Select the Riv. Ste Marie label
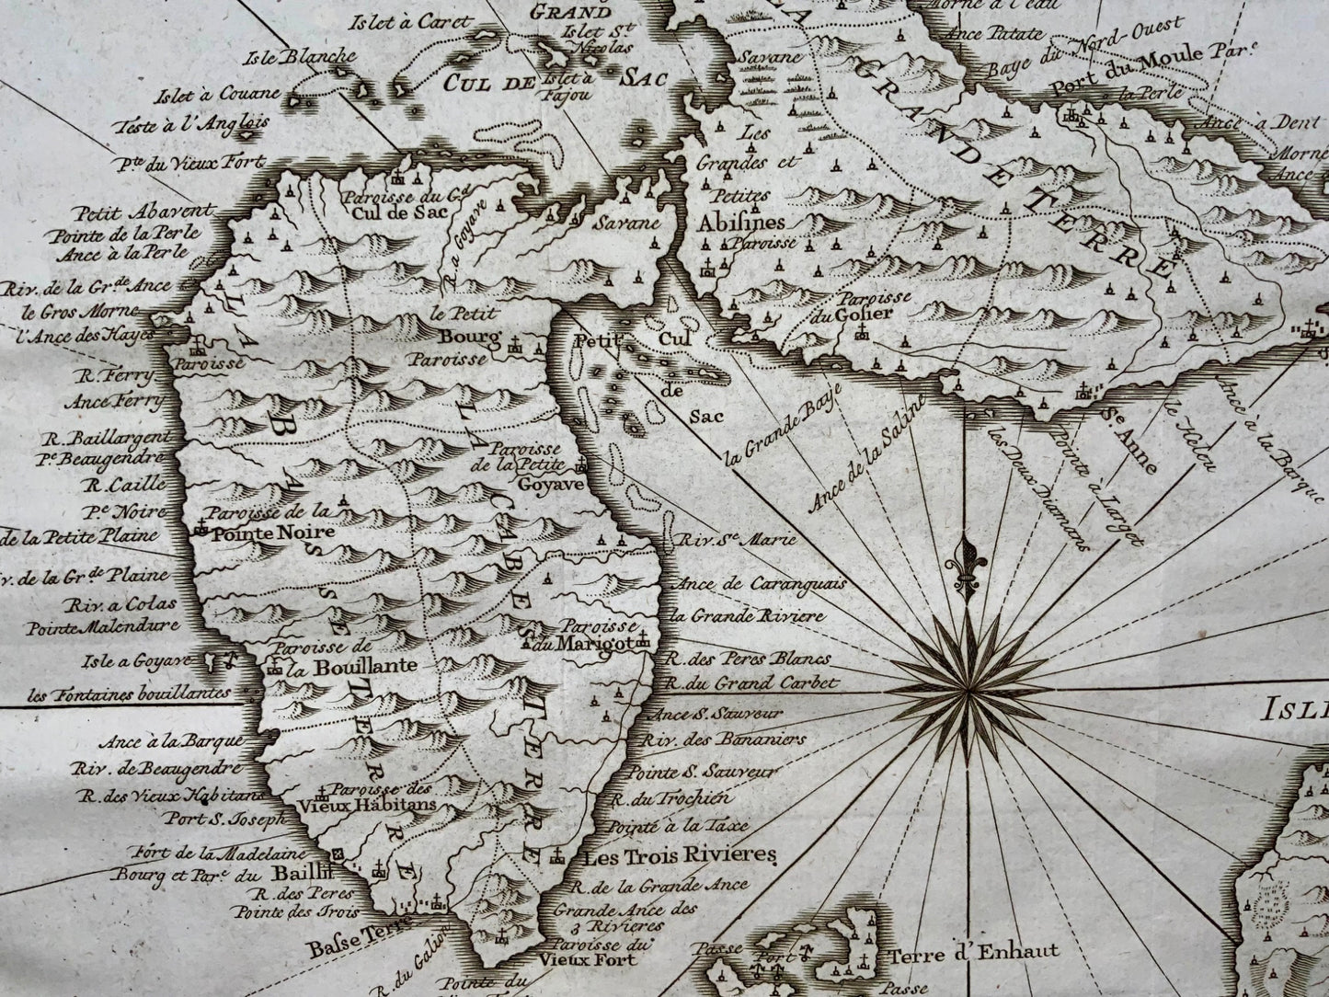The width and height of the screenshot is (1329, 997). point(733,541)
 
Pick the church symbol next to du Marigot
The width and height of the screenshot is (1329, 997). point(645,640)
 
